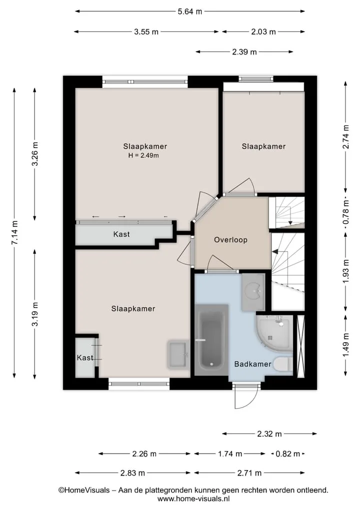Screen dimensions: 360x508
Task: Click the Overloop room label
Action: pyautogui.click(x=230, y=240)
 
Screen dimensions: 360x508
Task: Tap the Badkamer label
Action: pyautogui.click(x=252, y=364)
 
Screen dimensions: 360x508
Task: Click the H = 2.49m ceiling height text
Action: pyautogui.click(x=143, y=155)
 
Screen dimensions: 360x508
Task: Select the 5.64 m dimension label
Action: pyautogui.click(x=189, y=11)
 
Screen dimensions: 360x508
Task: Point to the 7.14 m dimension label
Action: pyautogui.click(x=15, y=233)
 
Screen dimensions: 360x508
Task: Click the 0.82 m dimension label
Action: pyautogui.click(x=287, y=454)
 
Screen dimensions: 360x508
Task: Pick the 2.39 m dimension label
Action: pyautogui.click(x=244, y=52)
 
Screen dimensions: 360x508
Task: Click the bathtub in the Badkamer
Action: pyautogui.click(x=211, y=340)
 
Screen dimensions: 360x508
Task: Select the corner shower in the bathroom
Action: pyautogui.click(x=274, y=333)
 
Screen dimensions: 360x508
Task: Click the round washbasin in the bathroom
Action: pyautogui.click(x=253, y=291)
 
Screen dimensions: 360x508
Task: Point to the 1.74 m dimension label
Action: pyautogui.click(x=230, y=454)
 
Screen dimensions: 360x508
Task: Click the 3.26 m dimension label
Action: pyautogui.click(x=35, y=154)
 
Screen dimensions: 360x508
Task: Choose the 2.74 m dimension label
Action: pyautogui.click(x=346, y=137)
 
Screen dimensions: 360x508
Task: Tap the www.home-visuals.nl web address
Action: pyautogui.click(x=193, y=499)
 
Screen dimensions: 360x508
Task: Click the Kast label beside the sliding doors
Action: pyautogui.click(x=121, y=234)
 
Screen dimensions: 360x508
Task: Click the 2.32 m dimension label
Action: pyautogui.click(x=269, y=434)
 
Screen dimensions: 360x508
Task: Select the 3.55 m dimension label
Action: pyautogui.click(x=146, y=32)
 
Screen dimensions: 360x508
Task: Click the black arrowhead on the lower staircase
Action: pyautogui.click(x=275, y=251)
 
